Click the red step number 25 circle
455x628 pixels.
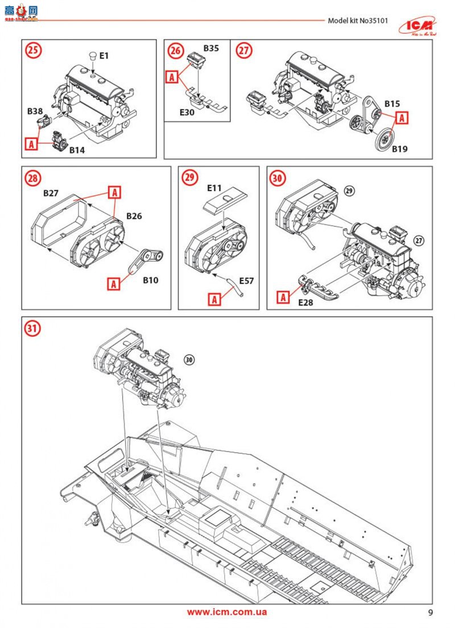[x=34, y=51]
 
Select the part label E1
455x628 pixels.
[x=104, y=56]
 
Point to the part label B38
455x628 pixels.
[x=36, y=111]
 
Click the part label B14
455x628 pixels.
[x=77, y=150]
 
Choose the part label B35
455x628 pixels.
[x=210, y=49]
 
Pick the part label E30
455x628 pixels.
[x=187, y=112]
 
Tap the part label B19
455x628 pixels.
[x=400, y=150]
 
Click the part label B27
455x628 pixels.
[x=52, y=193]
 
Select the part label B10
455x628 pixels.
[x=151, y=280]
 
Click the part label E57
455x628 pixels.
[x=246, y=280]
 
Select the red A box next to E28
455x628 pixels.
[x=284, y=296]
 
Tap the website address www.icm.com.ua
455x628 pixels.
[x=227, y=612]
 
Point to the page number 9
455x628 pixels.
[x=431, y=613]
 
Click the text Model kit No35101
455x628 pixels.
[x=358, y=21]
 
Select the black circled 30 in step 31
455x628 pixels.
[x=190, y=359]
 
